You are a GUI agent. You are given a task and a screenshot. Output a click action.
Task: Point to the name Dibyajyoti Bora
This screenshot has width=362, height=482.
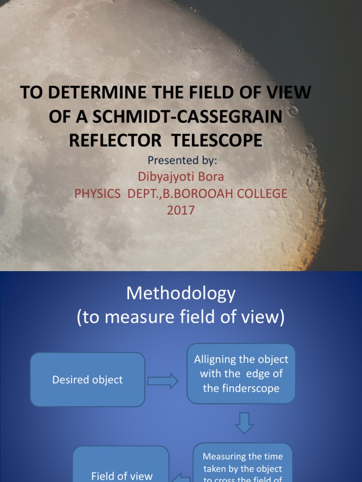(x=181, y=177)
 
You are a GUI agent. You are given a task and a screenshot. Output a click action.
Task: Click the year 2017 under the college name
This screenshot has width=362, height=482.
(x=181, y=210)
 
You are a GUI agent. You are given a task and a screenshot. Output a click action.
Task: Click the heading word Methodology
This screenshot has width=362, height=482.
(x=181, y=294)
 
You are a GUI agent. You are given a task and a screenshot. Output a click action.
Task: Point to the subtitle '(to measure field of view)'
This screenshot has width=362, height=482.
(x=181, y=319)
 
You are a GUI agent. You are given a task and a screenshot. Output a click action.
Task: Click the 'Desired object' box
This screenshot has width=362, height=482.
(x=88, y=379)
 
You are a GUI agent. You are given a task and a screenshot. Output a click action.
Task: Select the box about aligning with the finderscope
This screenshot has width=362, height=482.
(x=241, y=374)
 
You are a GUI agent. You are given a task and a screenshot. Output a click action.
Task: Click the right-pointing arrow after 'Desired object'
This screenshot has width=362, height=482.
(x=163, y=380)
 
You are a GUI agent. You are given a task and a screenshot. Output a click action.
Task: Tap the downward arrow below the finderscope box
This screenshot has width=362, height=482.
(x=244, y=423)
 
